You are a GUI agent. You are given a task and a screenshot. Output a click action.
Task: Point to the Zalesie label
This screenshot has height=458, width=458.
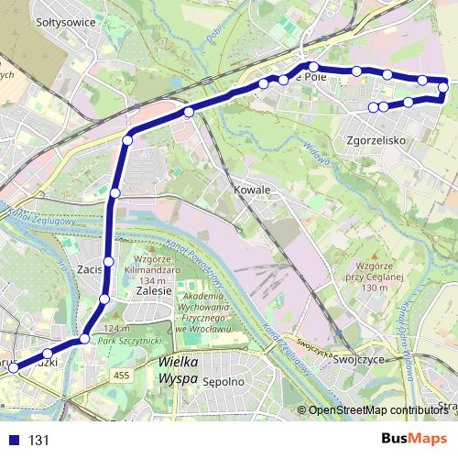(154, 289)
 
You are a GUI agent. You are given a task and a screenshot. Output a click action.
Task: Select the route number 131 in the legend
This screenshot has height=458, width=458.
(38, 440)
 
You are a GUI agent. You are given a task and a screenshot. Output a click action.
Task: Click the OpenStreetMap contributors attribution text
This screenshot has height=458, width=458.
(376, 409)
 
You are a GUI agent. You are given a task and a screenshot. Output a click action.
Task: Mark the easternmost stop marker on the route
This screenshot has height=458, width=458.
(443, 88)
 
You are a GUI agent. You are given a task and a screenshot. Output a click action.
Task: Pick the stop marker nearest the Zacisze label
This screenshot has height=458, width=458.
(108, 262)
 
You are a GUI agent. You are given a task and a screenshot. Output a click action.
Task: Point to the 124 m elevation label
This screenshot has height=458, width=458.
(116, 329)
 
